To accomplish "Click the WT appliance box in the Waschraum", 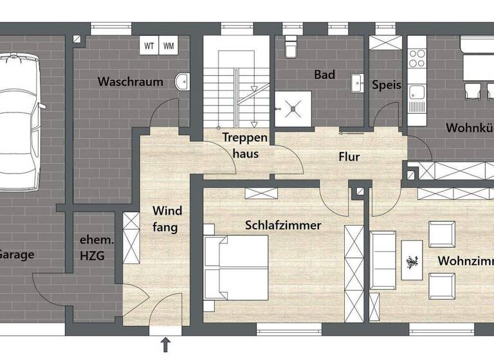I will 149,46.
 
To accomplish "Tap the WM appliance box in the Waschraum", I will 168,46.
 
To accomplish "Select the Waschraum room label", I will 130,82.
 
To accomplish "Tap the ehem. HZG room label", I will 93,248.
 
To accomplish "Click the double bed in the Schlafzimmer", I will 236,267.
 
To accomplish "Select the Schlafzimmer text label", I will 282,225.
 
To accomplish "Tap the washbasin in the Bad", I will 356,81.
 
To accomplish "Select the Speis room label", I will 386,85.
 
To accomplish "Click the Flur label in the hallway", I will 349,156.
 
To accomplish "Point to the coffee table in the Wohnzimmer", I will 412,260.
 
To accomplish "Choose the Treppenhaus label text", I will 241,145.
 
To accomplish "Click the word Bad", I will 324,75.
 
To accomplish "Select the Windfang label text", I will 167,219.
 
